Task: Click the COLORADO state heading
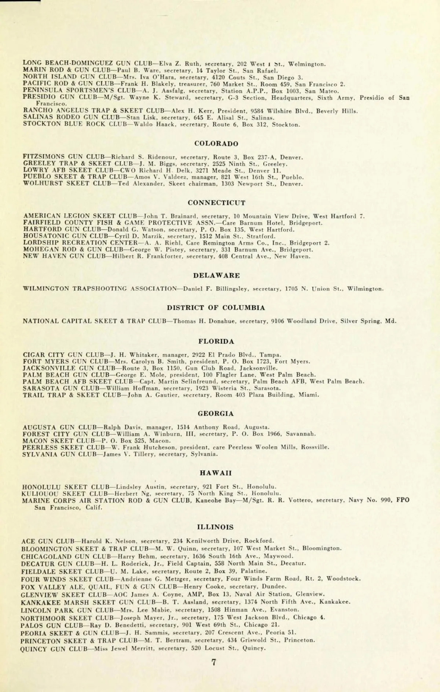pyautogui.click(x=216, y=144)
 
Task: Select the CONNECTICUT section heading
pyautogui.click(x=216, y=203)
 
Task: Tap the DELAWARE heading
pyautogui.click(x=216, y=275)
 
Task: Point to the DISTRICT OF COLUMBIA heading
pyautogui.click(x=216, y=308)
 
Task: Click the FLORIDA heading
pyautogui.click(x=216, y=341)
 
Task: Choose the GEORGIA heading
pyautogui.click(x=216, y=414)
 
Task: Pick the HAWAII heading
pyautogui.click(x=216, y=473)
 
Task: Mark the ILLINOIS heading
pyautogui.click(x=215, y=527)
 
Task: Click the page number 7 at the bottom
pyautogui.click(x=214, y=662)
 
